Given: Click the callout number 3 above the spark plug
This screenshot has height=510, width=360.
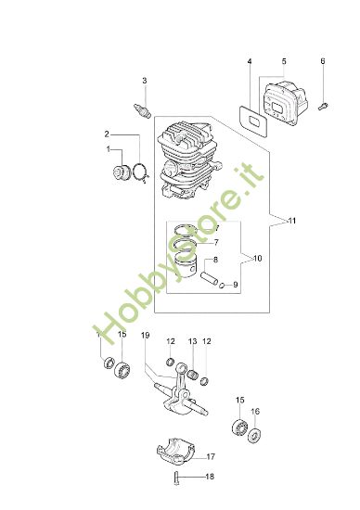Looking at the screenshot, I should [x=144, y=81].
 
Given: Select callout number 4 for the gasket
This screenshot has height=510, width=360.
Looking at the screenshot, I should [x=249, y=62].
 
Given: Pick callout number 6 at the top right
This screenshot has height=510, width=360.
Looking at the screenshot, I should [x=322, y=62].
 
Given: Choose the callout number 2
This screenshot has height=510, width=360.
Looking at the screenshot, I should [x=108, y=134].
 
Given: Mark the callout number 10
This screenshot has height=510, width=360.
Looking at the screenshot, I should [x=258, y=258].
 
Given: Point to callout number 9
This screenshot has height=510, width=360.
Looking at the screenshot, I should [x=236, y=285].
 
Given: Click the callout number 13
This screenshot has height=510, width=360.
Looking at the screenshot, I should [x=192, y=341].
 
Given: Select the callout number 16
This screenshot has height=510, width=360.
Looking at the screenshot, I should [x=255, y=412].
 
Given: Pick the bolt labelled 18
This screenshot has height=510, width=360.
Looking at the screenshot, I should [x=176, y=478].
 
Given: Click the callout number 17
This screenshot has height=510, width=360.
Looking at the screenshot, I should [x=211, y=456].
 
